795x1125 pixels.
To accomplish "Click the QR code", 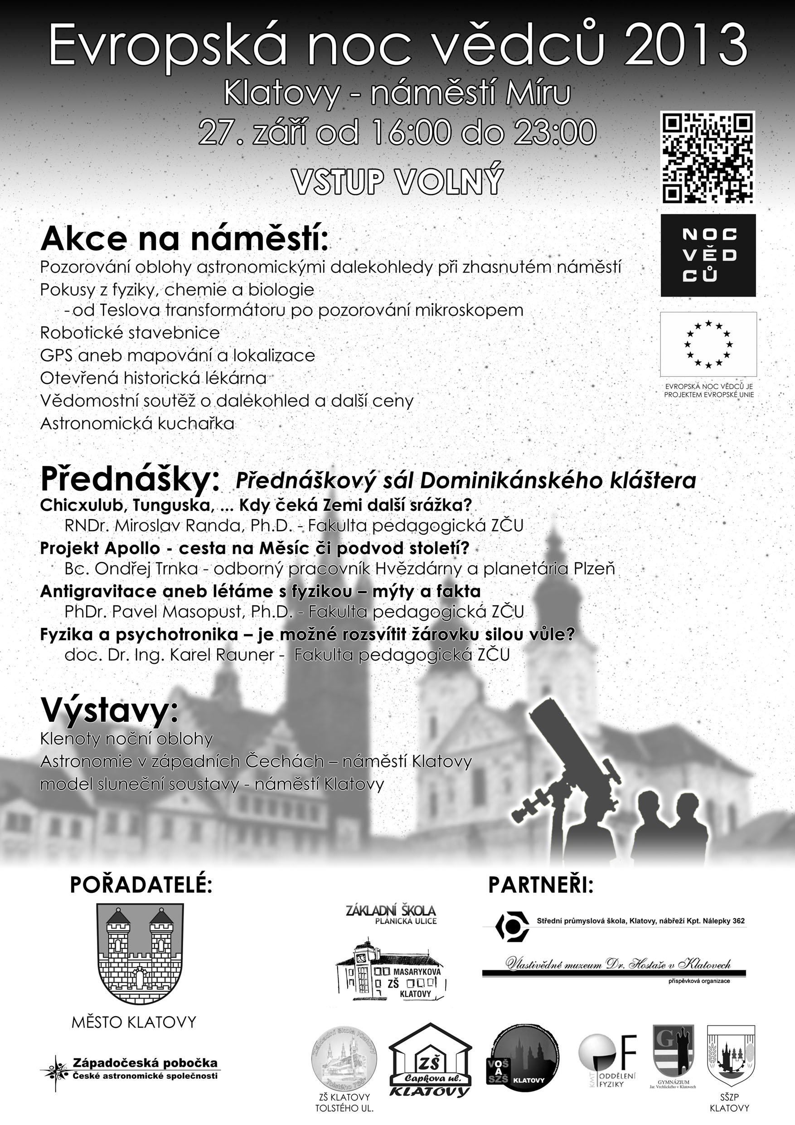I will pyautogui.click(x=708, y=157).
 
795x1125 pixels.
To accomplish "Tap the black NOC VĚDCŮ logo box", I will pyautogui.click(x=708, y=255).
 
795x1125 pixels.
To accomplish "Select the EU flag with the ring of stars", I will pyautogui.click(x=708, y=344).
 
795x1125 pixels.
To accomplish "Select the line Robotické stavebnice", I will pyautogui.click(x=130, y=333).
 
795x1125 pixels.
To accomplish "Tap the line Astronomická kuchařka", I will pyautogui.click(x=137, y=424).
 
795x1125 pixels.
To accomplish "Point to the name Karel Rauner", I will pyautogui.click(x=222, y=655).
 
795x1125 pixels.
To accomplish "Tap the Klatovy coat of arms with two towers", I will pyautogui.click(x=140, y=955).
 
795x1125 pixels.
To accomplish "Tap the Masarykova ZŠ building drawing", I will pyautogui.click(x=391, y=971).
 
